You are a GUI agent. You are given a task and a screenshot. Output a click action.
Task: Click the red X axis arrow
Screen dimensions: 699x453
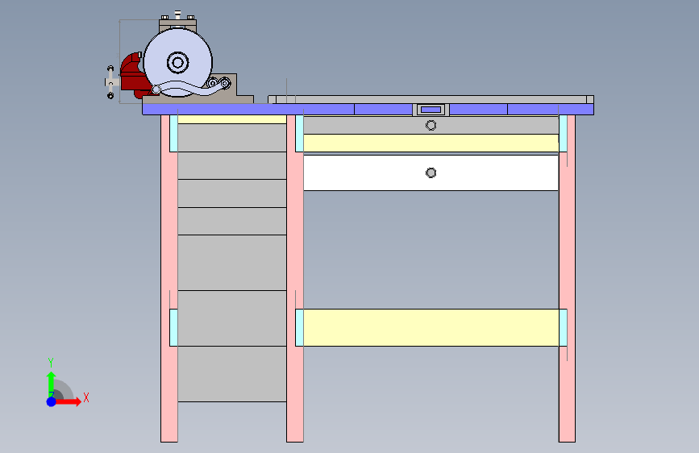(73, 401)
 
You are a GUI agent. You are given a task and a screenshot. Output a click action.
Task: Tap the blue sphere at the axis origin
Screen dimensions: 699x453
(51, 401)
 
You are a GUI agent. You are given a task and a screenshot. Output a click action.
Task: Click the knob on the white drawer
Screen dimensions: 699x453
(431, 172)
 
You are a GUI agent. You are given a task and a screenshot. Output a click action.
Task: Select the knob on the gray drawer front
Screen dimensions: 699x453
(431, 125)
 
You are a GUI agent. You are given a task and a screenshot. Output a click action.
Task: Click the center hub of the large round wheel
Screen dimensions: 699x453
(177, 62)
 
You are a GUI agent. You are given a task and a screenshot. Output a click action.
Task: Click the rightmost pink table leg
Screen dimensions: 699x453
(567, 282)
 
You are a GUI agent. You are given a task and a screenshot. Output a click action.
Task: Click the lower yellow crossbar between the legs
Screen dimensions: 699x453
(431, 327)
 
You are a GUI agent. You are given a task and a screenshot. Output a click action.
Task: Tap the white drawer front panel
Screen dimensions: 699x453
(363, 172)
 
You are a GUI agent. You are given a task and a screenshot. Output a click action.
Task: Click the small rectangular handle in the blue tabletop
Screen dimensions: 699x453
(431, 109)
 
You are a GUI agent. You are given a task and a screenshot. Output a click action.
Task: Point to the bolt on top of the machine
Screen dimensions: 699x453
(177, 15)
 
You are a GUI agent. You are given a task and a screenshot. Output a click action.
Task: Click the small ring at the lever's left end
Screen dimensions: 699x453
(145, 90)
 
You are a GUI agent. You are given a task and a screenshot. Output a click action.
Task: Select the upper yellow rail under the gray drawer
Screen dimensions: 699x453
(431, 143)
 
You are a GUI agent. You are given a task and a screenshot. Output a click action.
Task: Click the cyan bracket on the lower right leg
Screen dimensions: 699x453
(563, 327)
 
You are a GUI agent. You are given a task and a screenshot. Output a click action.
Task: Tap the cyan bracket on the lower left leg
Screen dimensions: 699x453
(173, 327)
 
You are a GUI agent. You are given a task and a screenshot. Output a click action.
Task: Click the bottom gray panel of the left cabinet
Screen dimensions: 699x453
(232, 373)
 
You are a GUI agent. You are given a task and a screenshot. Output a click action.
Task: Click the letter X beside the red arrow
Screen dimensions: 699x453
(85, 397)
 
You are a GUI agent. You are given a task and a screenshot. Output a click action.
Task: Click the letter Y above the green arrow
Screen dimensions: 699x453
(51, 362)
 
